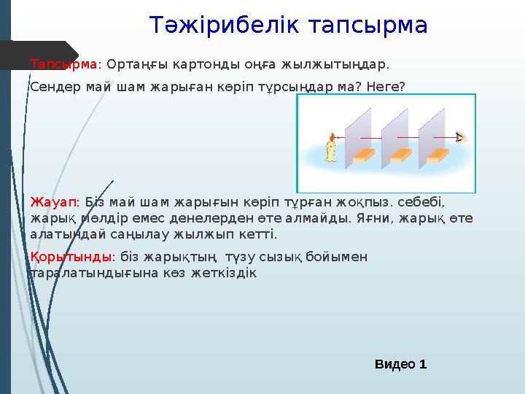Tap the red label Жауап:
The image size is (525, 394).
(55, 201)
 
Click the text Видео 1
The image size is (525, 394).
(400, 363)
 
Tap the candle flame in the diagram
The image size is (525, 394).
(332, 136)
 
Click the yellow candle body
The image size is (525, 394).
(332, 151)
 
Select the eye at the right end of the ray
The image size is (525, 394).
(459, 137)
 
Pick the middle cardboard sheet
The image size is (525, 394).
(394, 135)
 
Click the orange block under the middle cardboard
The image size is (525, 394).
(401, 155)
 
